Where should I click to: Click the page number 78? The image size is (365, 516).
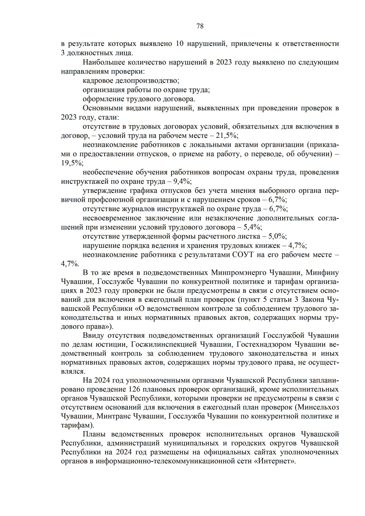point(200,26)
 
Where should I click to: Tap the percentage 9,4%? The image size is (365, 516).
point(182,182)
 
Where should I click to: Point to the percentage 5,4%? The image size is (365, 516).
point(253,227)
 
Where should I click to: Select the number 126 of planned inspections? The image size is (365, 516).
point(135,389)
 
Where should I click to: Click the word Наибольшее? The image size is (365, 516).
point(102,62)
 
